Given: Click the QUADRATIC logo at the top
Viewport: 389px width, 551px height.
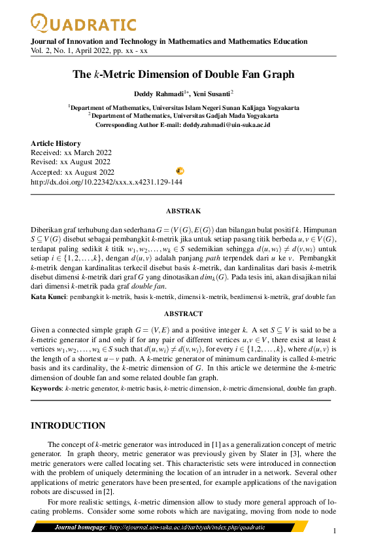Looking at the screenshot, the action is (x=84, y=24).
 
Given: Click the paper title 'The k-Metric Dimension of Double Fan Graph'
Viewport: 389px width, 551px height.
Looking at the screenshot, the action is (x=183, y=74).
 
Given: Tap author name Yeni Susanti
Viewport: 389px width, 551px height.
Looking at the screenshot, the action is (x=212, y=94).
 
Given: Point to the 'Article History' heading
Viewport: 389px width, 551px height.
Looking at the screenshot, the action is (x=56, y=143).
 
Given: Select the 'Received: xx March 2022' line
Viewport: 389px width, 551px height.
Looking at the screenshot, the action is (x=71, y=152).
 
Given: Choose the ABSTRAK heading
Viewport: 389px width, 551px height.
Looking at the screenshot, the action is (x=183, y=211).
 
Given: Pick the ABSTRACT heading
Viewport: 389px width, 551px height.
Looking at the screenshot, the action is (x=183, y=313).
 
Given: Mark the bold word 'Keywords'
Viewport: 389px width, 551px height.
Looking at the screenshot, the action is (x=46, y=388).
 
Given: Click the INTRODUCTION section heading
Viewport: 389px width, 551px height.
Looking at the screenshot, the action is (x=69, y=426).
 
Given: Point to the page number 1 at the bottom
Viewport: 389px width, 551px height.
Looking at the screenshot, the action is (x=335, y=531).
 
